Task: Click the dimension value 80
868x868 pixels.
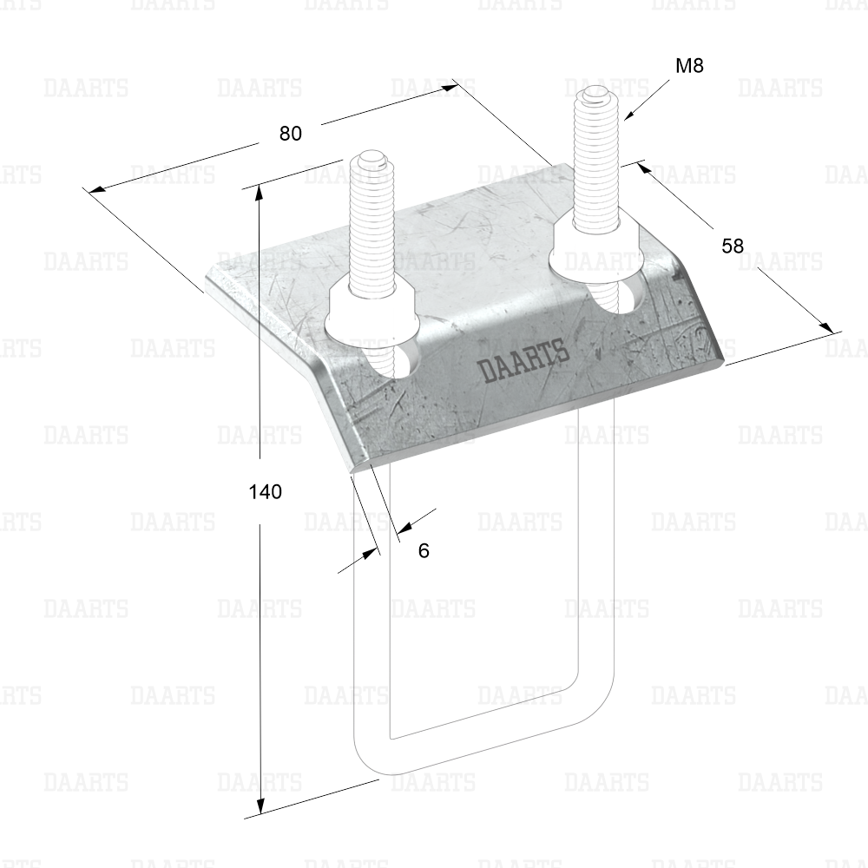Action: pyautogui.click(x=291, y=134)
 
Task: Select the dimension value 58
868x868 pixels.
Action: pyautogui.click(x=733, y=246)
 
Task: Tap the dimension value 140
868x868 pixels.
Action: pyautogui.click(x=266, y=491)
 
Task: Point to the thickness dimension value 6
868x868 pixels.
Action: pyautogui.click(x=424, y=551)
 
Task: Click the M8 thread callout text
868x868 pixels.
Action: pyautogui.click(x=689, y=66)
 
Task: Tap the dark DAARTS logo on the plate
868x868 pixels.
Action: pyautogui.click(x=523, y=362)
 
